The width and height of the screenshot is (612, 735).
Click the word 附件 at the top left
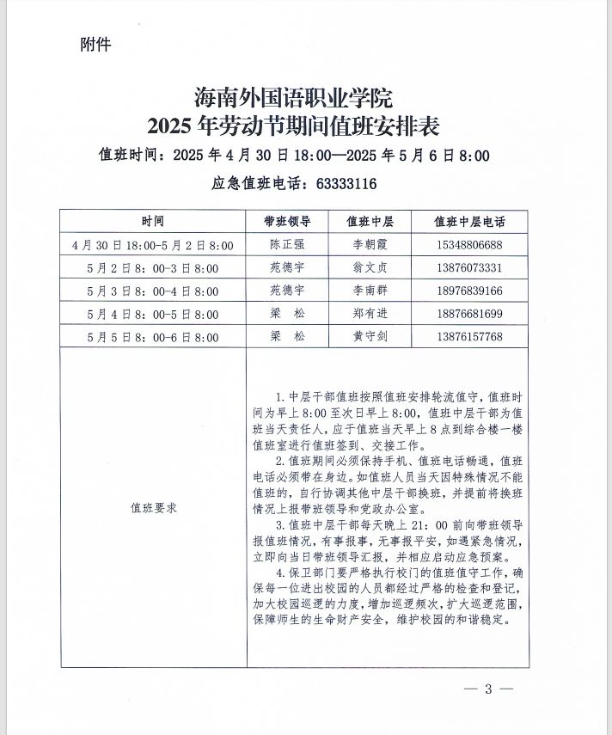point(95,43)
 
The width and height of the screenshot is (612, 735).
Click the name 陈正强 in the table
point(287,245)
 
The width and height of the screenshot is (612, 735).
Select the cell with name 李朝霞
point(370,245)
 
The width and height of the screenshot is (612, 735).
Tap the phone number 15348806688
point(469,245)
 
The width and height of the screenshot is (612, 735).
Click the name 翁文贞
point(370,268)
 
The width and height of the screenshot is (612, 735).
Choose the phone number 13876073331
point(469,268)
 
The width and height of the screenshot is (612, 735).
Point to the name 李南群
point(370,291)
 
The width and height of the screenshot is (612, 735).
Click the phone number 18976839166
point(469,291)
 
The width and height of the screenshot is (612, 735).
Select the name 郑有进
point(370,315)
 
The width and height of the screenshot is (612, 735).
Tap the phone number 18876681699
point(469,315)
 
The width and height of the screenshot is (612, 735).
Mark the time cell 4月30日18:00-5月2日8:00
point(153,245)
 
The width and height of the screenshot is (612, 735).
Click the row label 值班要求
point(153,508)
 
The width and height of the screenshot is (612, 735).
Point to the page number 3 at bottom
point(487,689)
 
